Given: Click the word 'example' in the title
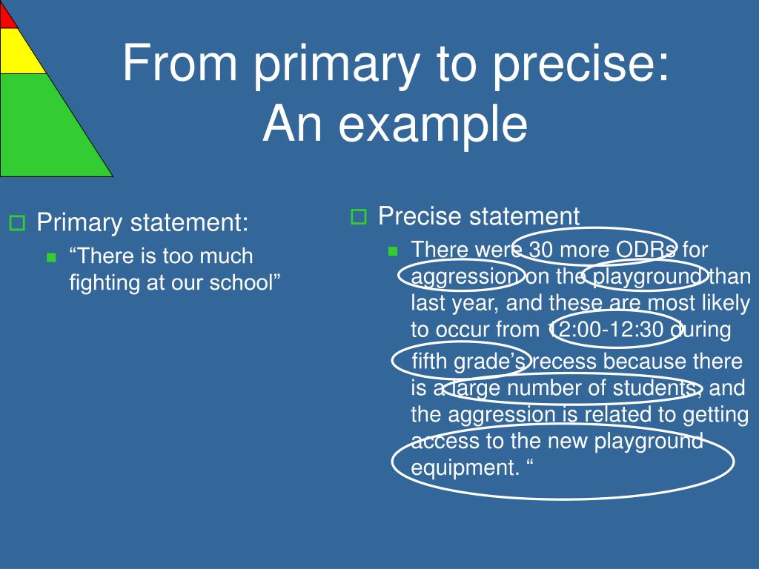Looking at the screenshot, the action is (x=433, y=124).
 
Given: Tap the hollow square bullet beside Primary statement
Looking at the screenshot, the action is (x=18, y=223).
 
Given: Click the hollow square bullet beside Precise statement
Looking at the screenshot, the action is (x=359, y=216).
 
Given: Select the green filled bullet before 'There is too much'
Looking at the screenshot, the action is (x=51, y=257).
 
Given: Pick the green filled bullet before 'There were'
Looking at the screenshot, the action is (x=393, y=250).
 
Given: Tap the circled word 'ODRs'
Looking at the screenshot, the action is (x=646, y=250).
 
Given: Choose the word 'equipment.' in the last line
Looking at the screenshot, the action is (x=465, y=468).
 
